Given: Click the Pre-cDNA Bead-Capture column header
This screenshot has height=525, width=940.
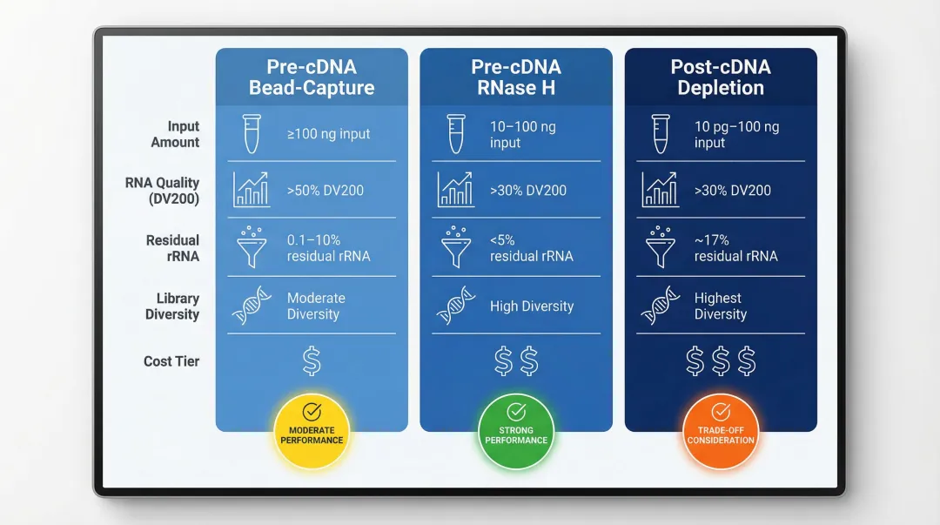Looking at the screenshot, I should click(312, 77).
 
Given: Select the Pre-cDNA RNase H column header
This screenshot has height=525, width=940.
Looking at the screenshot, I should click(515, 77).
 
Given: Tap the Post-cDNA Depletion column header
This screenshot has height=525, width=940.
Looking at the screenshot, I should click(721, 77).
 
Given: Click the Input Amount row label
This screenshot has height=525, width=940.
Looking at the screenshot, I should click(175, 134).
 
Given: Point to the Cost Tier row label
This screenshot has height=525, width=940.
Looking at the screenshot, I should click(171, 361).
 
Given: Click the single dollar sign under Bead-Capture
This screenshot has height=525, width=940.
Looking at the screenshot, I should click(312, 361).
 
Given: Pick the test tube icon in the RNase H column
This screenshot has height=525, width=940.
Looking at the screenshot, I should click(454, 134).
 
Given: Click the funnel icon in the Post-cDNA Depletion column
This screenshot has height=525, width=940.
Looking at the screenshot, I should click(659, 247).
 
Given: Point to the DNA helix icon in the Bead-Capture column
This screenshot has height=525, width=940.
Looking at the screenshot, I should click(251, 306).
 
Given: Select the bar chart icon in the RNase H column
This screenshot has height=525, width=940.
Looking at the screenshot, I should click(454, 190).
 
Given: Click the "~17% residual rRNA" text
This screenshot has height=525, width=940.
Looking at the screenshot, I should click(735, 248).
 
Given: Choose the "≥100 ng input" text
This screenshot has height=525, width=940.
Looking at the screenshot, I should click(328, 134).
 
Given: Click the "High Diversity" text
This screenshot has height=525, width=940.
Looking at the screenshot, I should click(532, 306).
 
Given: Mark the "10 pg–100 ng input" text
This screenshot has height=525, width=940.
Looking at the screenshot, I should click(735, 135).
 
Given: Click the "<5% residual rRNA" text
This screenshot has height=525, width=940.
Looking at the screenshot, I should click(531, 248).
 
